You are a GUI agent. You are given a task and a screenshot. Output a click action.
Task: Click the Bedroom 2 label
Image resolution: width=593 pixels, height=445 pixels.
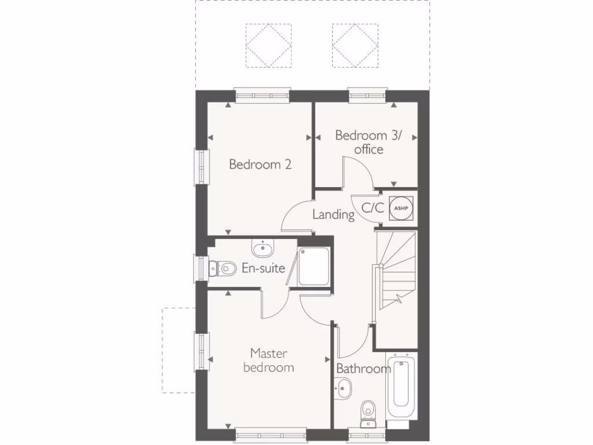(260, 165)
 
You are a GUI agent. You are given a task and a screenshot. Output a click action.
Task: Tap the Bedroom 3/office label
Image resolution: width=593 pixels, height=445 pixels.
(369, 142)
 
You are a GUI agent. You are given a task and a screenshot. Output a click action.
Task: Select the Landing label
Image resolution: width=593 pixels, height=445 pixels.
(334, 214)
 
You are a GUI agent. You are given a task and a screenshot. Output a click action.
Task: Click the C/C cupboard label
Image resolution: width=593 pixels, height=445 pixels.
(373, 208)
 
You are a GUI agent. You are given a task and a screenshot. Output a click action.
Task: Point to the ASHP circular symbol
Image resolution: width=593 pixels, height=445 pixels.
(401, 207)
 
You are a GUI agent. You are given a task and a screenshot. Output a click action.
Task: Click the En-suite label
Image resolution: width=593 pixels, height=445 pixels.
(263, 268)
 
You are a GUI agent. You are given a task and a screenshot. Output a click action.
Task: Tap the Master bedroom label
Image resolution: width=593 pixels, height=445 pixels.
(269, 360)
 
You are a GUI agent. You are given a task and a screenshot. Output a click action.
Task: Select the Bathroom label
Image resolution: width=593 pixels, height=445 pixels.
(364, 369)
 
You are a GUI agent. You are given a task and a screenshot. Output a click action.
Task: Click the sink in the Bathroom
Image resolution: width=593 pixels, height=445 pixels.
(342, 386)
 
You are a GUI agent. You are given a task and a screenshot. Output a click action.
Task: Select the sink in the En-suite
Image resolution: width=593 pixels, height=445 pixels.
(263, 249)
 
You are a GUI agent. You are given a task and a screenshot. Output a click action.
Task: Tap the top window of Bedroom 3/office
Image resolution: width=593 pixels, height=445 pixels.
(367, 94)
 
